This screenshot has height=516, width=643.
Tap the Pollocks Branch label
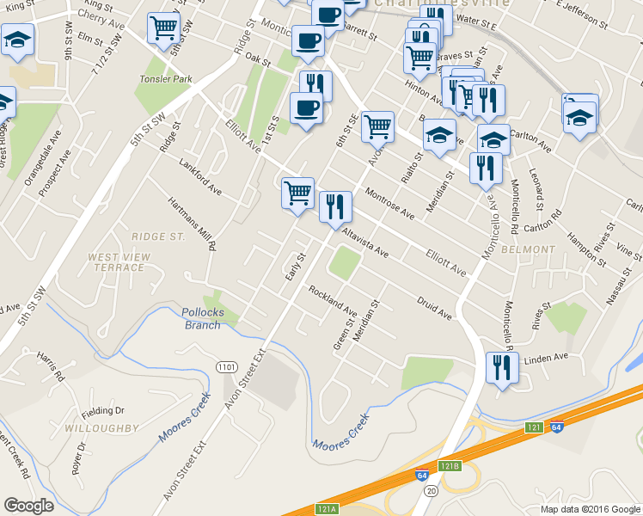pyautogui.click(x=204, y=318)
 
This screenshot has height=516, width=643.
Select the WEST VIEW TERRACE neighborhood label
pyautogui.click(x=119, y=262)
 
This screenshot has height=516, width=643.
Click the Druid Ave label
pyautogui.click(x=434, y=308)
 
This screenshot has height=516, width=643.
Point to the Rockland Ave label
pyautogui.click(x=334, y=300)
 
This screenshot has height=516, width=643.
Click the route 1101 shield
pyautogui.click(x=225, y=367)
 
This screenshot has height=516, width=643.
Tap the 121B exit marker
pyautogui.click(x=450, y=465)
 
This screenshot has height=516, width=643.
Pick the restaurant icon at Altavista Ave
pyautogui.click(x=335, y=206)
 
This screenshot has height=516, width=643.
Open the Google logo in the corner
pyautogui.click(x=28, y=506)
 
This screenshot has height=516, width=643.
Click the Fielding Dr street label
pyautogui.click(x=109, y=411)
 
